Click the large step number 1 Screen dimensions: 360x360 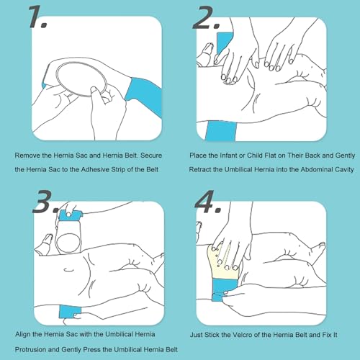(x=37, y=17)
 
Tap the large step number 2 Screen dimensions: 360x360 (x=206, y=17)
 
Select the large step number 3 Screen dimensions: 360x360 (x=45, y=201)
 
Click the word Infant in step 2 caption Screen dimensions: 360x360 (x=229, y=156)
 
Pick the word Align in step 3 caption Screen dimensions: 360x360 (x=22, y=334)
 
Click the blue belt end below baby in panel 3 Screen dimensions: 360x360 (x=70, y=311)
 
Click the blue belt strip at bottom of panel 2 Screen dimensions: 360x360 (x=220, y=131)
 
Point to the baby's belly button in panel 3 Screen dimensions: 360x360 (x=69, y=270)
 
